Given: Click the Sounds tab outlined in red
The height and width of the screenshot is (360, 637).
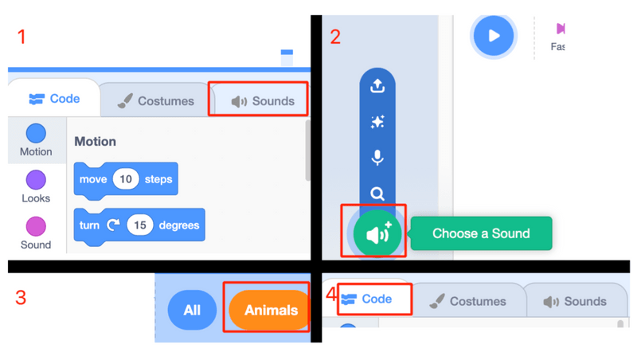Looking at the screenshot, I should coord(262,101).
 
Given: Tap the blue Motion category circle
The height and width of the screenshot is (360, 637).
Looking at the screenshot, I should coord(36,133).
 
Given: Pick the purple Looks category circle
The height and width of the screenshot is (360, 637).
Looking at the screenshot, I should coord(36,180).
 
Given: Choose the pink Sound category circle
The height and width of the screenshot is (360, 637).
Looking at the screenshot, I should coord(36,226).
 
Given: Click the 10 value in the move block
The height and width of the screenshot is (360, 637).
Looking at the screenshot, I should coord(125,179).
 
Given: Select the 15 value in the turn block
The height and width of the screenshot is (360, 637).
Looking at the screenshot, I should coord(139,225).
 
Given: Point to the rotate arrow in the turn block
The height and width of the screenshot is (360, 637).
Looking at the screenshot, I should coord(113,225).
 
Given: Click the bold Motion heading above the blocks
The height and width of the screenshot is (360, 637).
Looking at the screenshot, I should coord(95,142).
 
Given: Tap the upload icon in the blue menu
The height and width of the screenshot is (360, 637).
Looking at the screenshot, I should coord(377,85).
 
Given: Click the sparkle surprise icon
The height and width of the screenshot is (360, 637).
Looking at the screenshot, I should coord(377,122).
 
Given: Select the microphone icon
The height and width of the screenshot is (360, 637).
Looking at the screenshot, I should coord(377,158).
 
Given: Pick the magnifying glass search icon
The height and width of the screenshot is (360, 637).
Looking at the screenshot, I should coord(377,194).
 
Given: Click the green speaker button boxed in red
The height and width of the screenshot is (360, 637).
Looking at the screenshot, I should coord(377,234).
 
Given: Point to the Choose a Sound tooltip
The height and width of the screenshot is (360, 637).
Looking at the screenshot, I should coord(481,234).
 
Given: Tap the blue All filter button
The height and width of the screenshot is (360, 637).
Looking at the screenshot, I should coord(192,310).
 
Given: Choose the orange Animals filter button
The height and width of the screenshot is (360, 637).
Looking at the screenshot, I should coord(270,310).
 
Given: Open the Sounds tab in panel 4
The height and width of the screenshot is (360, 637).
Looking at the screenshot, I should coord(575,302).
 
